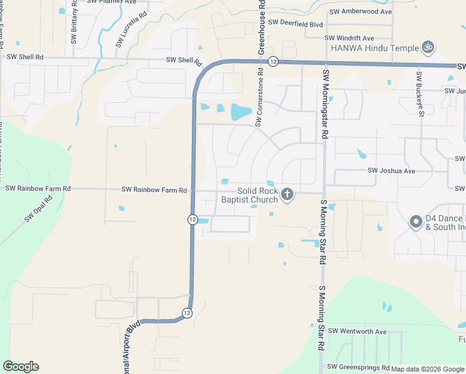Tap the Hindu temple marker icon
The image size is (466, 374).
click(x=427, y=47)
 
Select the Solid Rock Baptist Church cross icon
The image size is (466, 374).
click(x=287, y=194)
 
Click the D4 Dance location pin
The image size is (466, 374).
click(x=416, y=222)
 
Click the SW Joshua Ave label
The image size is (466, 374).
click(x=391, y=171)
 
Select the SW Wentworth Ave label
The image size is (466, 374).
click(x=358, y=331)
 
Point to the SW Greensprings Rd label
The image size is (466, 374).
click(x=359, y=367)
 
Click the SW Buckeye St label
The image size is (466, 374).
click(x=421, y=94)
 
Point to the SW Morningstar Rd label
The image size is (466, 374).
click(x=325, y=104)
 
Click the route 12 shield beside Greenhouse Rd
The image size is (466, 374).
click(x=273, y=61)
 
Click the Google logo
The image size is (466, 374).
click(x=21, y=367)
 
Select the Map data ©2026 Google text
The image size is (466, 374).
click(x=427, y=369)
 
